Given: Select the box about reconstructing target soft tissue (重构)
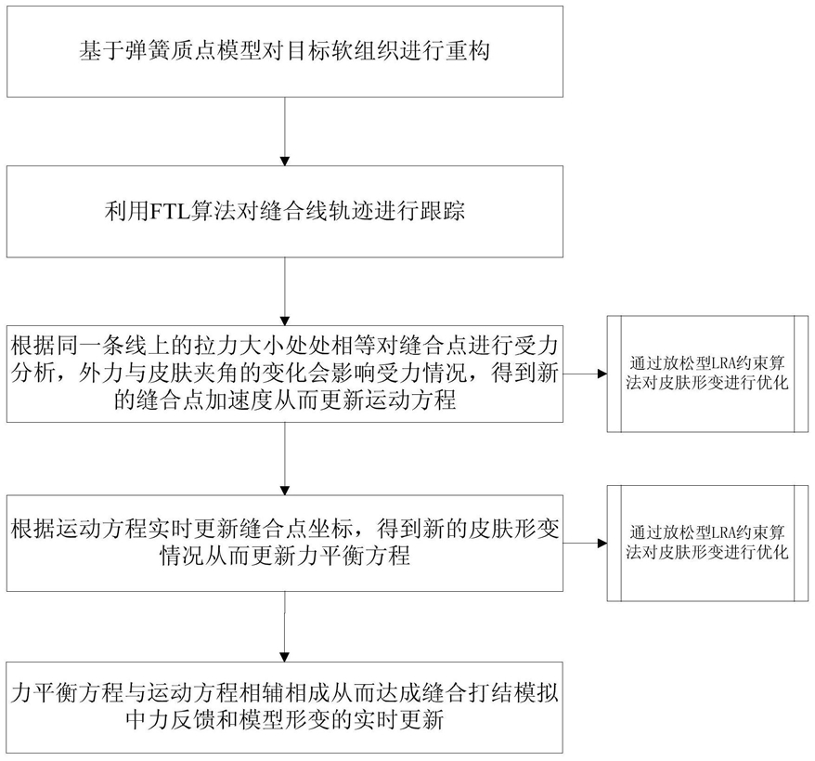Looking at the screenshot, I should [x=285, y=51].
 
